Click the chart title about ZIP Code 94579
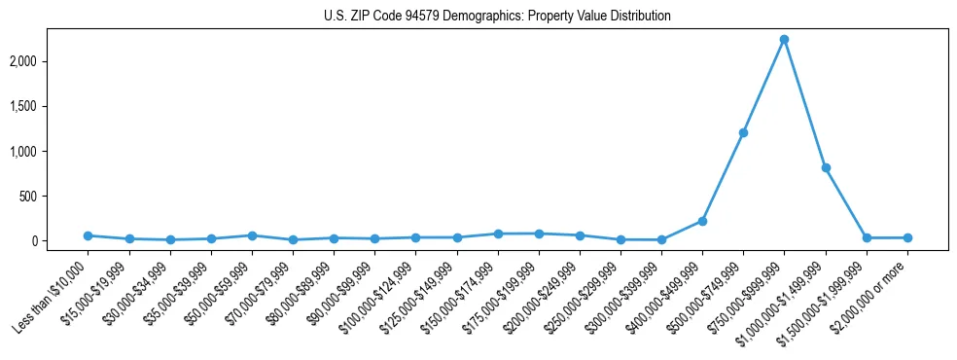[497, 17]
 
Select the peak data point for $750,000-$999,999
[784, 40]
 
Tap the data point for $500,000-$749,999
[743, 132]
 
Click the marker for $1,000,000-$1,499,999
[825, 167]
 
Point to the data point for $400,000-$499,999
[702, 221]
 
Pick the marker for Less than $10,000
[89, 235]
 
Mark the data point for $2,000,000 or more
[906, 237]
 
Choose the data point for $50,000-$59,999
[252, 235]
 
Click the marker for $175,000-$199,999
[539, 234]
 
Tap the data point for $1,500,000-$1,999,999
[866, 237]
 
